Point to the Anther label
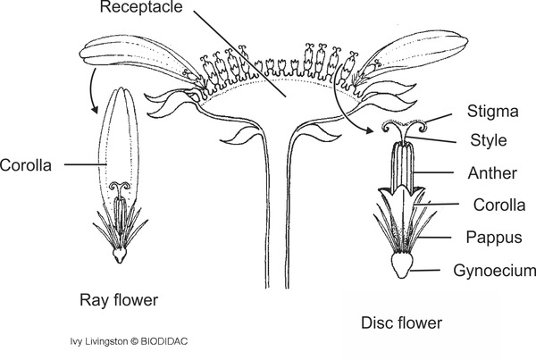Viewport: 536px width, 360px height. [489, 173]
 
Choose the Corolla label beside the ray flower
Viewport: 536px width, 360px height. [25, 165]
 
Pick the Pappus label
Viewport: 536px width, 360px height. [490, 238]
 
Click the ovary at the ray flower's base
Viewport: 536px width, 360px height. [120, 255]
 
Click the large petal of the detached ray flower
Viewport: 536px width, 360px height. [118, 143]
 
